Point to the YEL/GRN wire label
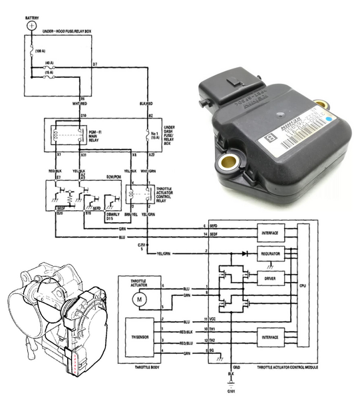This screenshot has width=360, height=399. pos(164,253)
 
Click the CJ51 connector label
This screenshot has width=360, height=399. pos(142,243)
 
